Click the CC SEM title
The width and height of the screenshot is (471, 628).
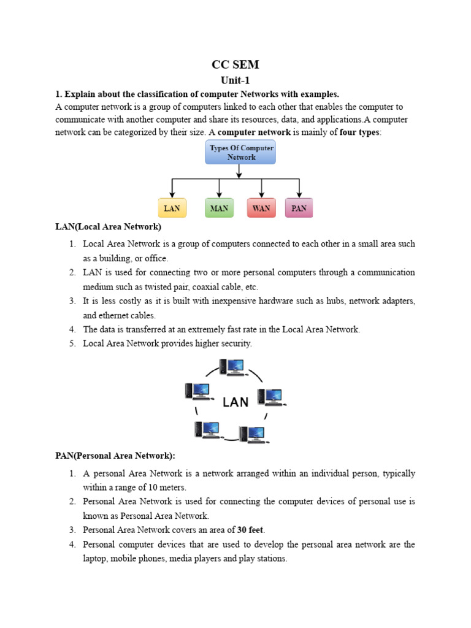[x=235, y=65]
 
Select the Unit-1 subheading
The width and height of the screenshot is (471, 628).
[x=235, y=80]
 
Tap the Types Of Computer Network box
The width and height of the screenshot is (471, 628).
[x=240, y=152]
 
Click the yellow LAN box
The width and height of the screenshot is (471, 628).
[x=172, y=208]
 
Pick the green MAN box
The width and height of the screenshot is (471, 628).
[x=219, y=208]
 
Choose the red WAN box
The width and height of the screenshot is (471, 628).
[x=261, y=208]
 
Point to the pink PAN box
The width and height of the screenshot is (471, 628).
[x=299, y=208]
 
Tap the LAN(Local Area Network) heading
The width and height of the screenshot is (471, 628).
[x=108, y=227]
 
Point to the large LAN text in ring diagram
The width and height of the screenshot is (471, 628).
[x=235, y=402]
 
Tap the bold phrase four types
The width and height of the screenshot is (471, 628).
[x=360, y=132]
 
